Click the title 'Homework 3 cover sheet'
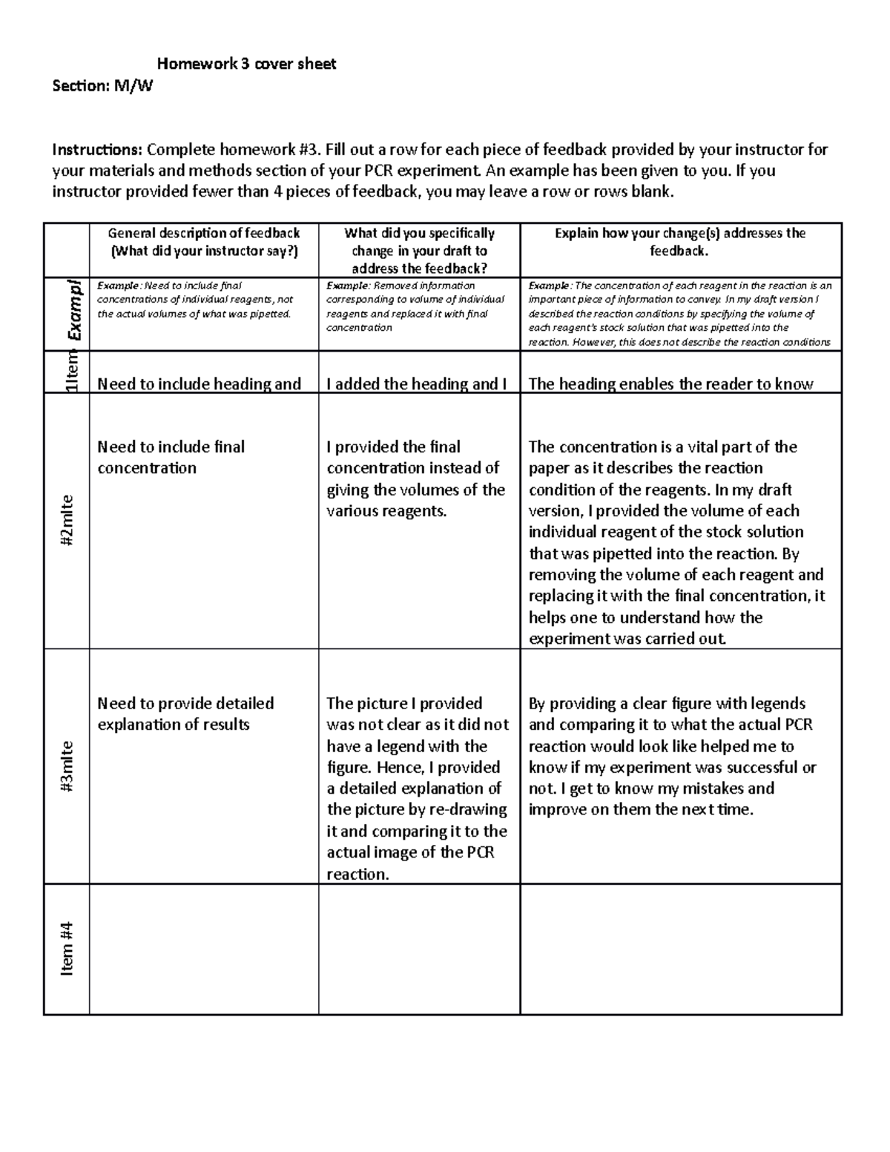tap(246, 65)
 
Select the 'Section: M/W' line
tap(102, 86)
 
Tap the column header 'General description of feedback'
tap(204, 233)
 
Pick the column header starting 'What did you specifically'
tap(419, 233)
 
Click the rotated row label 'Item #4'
tap(67, 949)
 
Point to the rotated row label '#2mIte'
tap(67, 521)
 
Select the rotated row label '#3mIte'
tap(67, 766)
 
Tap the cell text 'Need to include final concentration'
tap(171, 457)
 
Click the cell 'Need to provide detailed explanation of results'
tap(185, 714)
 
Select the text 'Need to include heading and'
tap(199, 384)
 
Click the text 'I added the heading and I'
tap(416, 384)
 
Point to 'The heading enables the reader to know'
tap(670, 384)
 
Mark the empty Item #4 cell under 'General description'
tap(204, 949)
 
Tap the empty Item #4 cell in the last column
tap(680, 949)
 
